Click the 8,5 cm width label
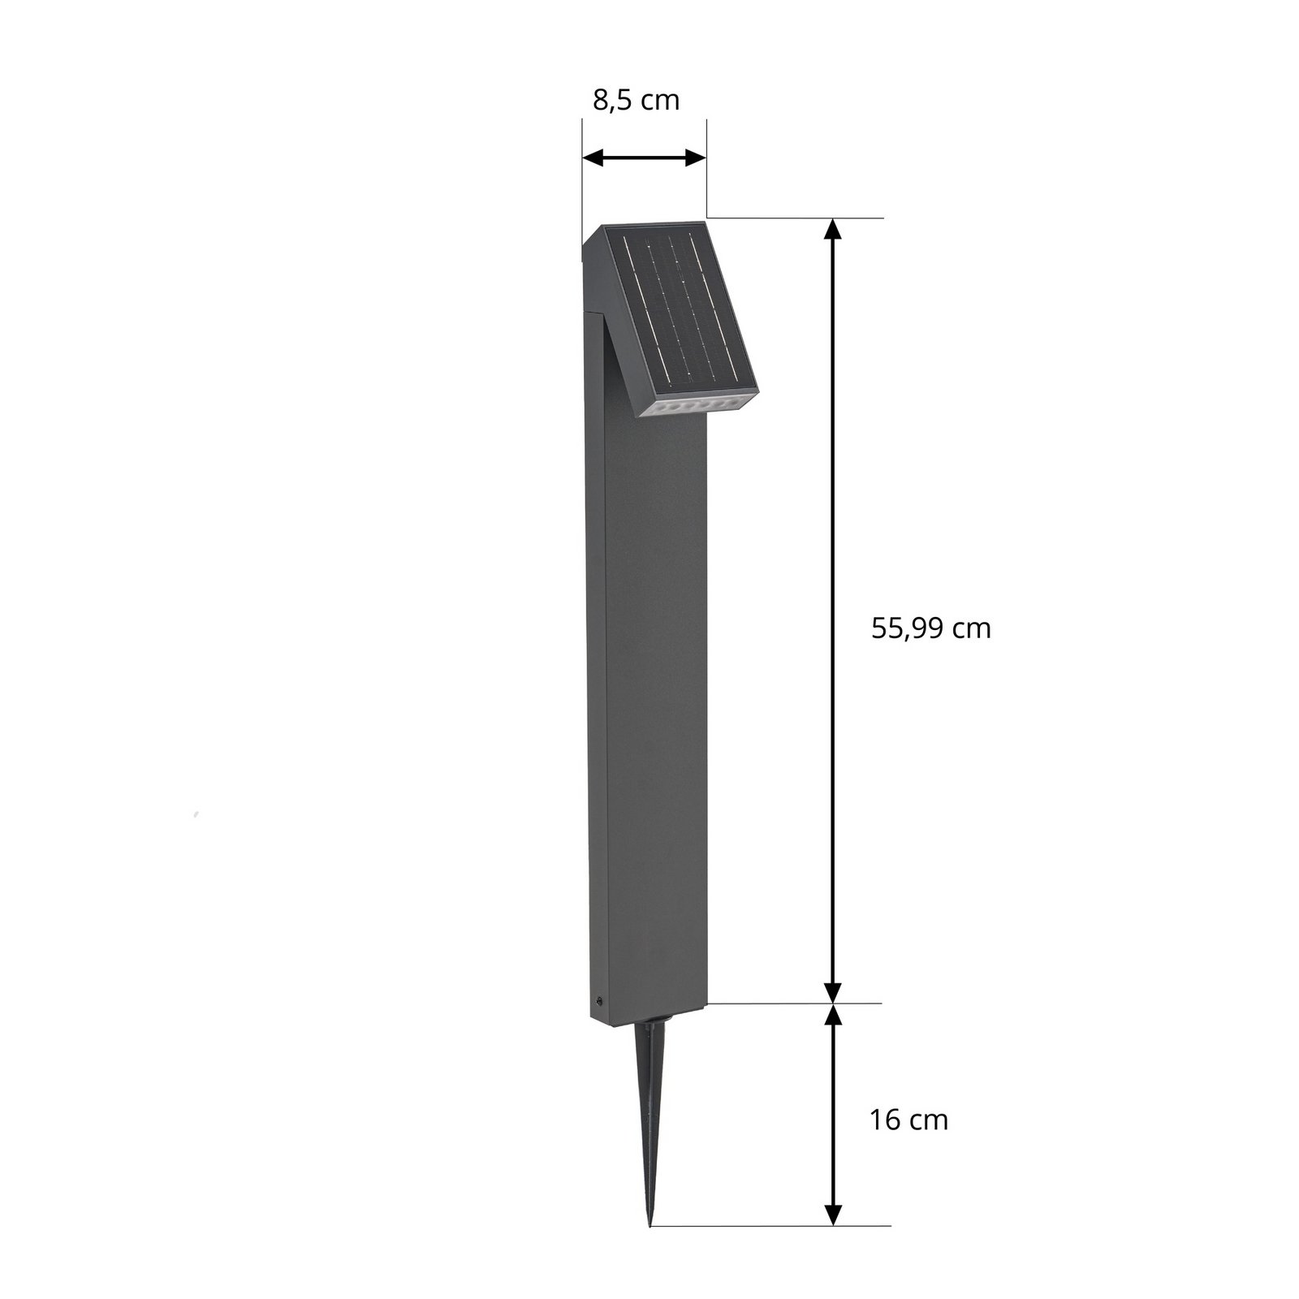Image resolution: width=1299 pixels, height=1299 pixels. click(636, 101)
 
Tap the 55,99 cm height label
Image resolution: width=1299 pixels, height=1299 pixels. click(930, 628)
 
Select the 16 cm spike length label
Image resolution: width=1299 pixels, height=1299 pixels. click(908, 1120)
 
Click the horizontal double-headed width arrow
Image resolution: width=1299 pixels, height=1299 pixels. click(645, 158)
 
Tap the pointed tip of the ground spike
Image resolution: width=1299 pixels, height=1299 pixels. click(650, 1222)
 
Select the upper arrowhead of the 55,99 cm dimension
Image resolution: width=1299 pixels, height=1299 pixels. click(832, 231)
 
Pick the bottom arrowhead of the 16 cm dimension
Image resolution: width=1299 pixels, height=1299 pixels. click(832, 1213)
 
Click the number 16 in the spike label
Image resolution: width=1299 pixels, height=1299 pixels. click(884, 1120)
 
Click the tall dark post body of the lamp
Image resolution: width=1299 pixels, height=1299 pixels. click(649, 690)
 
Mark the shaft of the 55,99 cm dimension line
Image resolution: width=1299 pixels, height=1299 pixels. click(832, 609)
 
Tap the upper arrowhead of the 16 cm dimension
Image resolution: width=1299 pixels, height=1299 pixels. click(832, 1015)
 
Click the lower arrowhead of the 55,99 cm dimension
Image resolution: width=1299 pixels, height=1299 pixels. click(832, 992)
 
